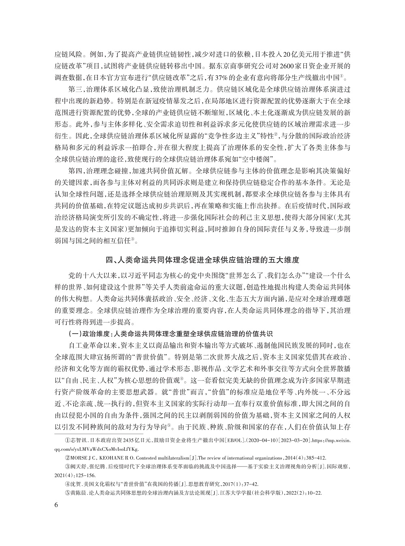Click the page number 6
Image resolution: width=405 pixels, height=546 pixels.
[56, 505]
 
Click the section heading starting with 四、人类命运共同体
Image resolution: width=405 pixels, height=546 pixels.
[202, 258]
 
